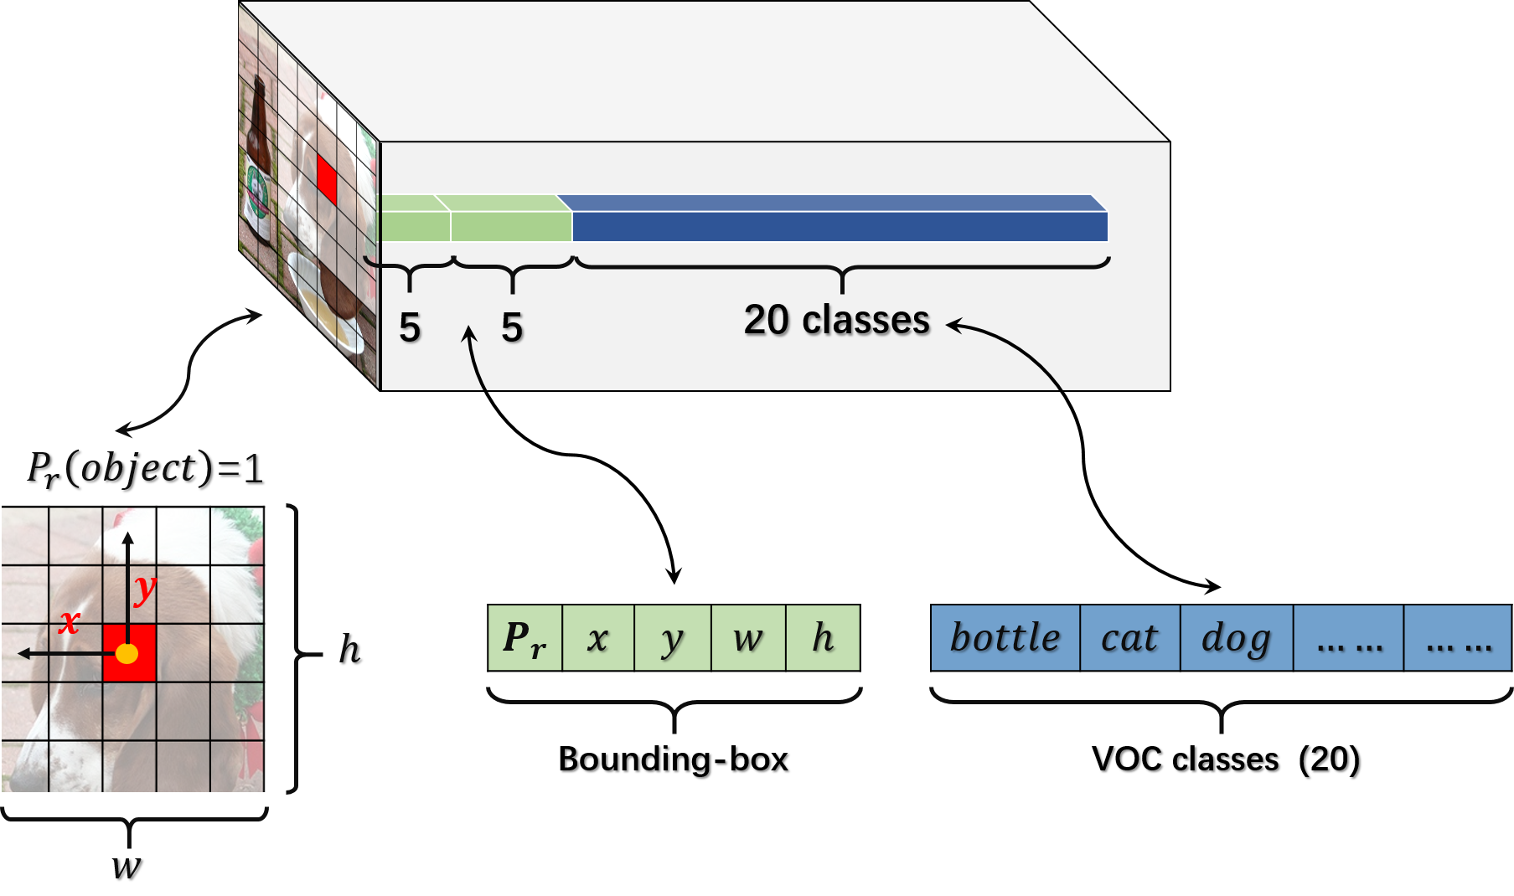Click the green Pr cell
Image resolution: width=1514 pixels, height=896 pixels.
524,638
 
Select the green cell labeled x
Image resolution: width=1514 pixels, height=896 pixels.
598,638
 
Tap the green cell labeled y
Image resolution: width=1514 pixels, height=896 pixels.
672,638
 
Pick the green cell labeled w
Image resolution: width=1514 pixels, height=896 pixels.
747,638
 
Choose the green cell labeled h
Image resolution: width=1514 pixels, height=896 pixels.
823,638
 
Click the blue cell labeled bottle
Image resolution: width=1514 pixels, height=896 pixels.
1005,638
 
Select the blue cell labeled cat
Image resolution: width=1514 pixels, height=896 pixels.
1129,638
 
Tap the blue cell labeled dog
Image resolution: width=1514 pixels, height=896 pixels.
1236,638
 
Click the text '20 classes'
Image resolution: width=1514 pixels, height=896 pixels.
836,320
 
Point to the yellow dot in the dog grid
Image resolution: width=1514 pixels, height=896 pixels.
127,653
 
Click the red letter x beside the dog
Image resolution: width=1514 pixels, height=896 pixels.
69,621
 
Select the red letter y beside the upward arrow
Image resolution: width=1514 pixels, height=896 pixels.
145,589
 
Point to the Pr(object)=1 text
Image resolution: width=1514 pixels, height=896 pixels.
144,468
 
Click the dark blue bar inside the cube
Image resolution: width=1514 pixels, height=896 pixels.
838,226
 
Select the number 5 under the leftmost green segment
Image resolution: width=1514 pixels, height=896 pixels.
410,327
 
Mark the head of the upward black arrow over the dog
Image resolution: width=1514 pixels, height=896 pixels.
127,537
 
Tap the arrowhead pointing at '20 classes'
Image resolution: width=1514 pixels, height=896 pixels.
953,324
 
